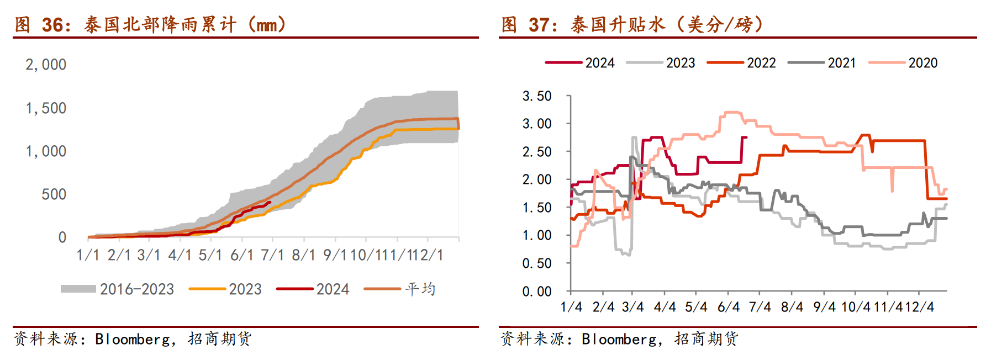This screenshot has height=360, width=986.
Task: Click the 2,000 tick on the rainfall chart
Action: point(46,65)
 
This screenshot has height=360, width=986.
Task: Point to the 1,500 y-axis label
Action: point(46,108)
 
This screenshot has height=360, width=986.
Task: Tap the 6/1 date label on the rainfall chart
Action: point(241,255)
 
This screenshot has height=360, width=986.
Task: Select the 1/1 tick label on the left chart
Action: point(88,255)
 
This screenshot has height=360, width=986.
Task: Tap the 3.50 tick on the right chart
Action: point(537,96)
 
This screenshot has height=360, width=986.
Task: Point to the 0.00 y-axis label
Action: point(537,291)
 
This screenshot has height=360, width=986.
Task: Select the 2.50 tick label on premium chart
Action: point(537,152)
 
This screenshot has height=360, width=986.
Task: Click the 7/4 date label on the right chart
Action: point(760,307)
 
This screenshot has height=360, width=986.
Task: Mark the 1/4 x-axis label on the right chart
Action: point(571,307)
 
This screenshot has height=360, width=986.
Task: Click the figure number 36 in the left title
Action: point(53,25)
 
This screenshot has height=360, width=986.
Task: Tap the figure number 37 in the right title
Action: point(540,25)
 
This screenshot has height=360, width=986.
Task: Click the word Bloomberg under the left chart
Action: point(132,338)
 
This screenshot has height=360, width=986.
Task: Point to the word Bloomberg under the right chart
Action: point(619,338)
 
